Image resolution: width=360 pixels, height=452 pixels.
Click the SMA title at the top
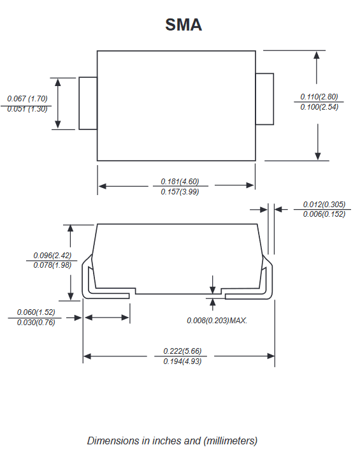(184, 24)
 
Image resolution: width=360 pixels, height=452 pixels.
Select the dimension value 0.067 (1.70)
(27, 99)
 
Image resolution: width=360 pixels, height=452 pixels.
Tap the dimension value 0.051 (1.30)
(27, 109)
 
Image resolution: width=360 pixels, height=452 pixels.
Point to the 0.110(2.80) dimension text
(319, 96)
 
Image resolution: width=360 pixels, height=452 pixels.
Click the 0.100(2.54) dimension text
(319, 107)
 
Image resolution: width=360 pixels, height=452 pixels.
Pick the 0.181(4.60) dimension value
(180, 181)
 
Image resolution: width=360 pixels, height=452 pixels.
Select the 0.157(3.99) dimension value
(180, 192)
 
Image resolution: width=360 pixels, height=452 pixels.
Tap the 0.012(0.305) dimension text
(324, 205)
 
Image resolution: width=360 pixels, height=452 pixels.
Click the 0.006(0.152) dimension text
(324, 214)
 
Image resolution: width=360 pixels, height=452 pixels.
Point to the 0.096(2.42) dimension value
(52, 256)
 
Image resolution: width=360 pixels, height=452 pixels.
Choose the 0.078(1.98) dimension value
(52, 265)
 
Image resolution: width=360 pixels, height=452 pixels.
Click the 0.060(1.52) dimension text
(36, 312)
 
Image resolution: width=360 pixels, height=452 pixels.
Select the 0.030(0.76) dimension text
(36, 323)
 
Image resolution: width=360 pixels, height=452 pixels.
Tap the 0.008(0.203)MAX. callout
(217, 321)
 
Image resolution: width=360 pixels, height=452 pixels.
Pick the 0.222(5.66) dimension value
(182, 351)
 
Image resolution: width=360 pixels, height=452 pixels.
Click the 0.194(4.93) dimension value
(182, 361)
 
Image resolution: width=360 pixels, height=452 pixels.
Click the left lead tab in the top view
(88, 103)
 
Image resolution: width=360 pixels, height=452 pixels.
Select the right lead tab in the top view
(264, 99)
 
